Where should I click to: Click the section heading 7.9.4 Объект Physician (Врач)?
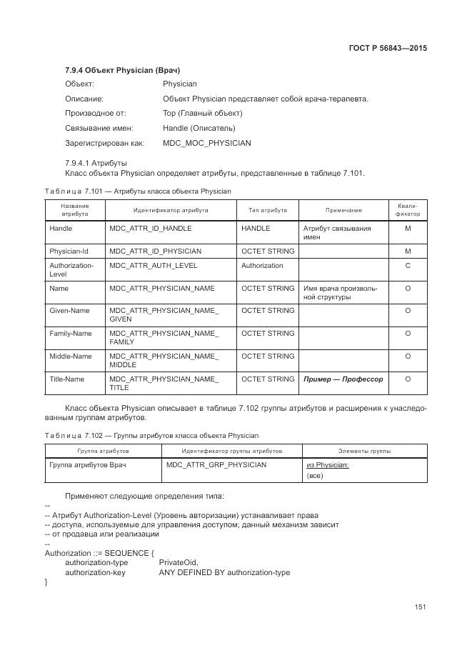tap(122, 70)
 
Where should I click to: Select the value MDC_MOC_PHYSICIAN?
tap(206, 143)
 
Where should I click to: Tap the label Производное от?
tap(95, 113)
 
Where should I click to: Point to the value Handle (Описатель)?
tap(199, 128)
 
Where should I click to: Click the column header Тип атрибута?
tap(267, 210)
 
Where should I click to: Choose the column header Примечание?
tap(343, 210)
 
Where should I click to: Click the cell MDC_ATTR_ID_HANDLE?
tap(150, 229)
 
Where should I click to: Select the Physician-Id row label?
tap(69, 251)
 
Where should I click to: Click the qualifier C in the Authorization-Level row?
tap(408, 266)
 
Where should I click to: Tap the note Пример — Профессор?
tap(343, 379)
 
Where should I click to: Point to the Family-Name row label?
tap(70, 334)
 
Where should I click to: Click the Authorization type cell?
tap(262, 266)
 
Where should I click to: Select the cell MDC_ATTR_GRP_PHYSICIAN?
tap(216, 465)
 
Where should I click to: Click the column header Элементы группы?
tap(364, 451)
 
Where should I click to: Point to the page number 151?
tap(419, 607)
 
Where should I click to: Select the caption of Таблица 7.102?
tap(151, 435)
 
